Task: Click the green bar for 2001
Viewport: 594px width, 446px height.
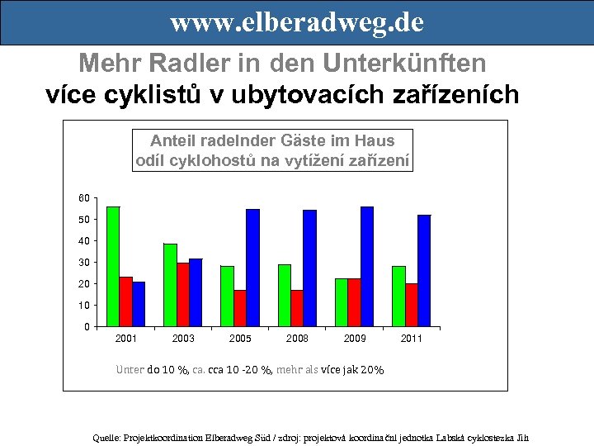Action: click(113, 266)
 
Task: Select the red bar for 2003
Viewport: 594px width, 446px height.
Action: click(183, 294)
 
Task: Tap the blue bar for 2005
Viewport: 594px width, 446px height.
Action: click(252, 268)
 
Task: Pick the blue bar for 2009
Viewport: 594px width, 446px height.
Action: click(367, 266)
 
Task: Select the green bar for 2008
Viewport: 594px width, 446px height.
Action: click(285, 295)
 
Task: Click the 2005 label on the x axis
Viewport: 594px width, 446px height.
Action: click(241, 339)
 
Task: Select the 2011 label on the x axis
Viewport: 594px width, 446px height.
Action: click(412, 339)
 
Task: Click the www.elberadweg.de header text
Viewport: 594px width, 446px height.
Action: click(297, 22)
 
